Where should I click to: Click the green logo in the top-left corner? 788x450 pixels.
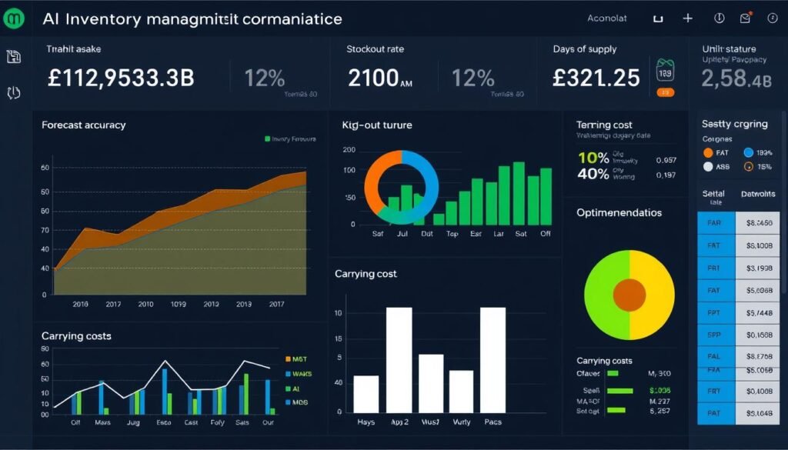[x=15, y=18]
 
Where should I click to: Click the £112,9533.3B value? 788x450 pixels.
[x=121, y=78]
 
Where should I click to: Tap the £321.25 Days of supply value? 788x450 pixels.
[x=596, y=78]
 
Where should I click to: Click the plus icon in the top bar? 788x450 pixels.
[x=687, y=18]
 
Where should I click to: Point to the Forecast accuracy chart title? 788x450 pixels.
[x=84, y=125]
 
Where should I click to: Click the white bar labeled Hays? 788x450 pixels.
[x=366, y=393]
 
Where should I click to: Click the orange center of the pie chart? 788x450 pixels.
[x=629, y=295]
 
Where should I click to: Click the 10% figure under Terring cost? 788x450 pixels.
[x=593, y=158]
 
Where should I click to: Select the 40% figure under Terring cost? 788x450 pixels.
[x=593, y=174]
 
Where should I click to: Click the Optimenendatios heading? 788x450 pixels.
[x=619, y=212]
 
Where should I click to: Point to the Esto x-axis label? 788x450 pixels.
[x=162, y=422]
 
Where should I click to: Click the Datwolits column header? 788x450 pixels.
[x=758, y=195]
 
